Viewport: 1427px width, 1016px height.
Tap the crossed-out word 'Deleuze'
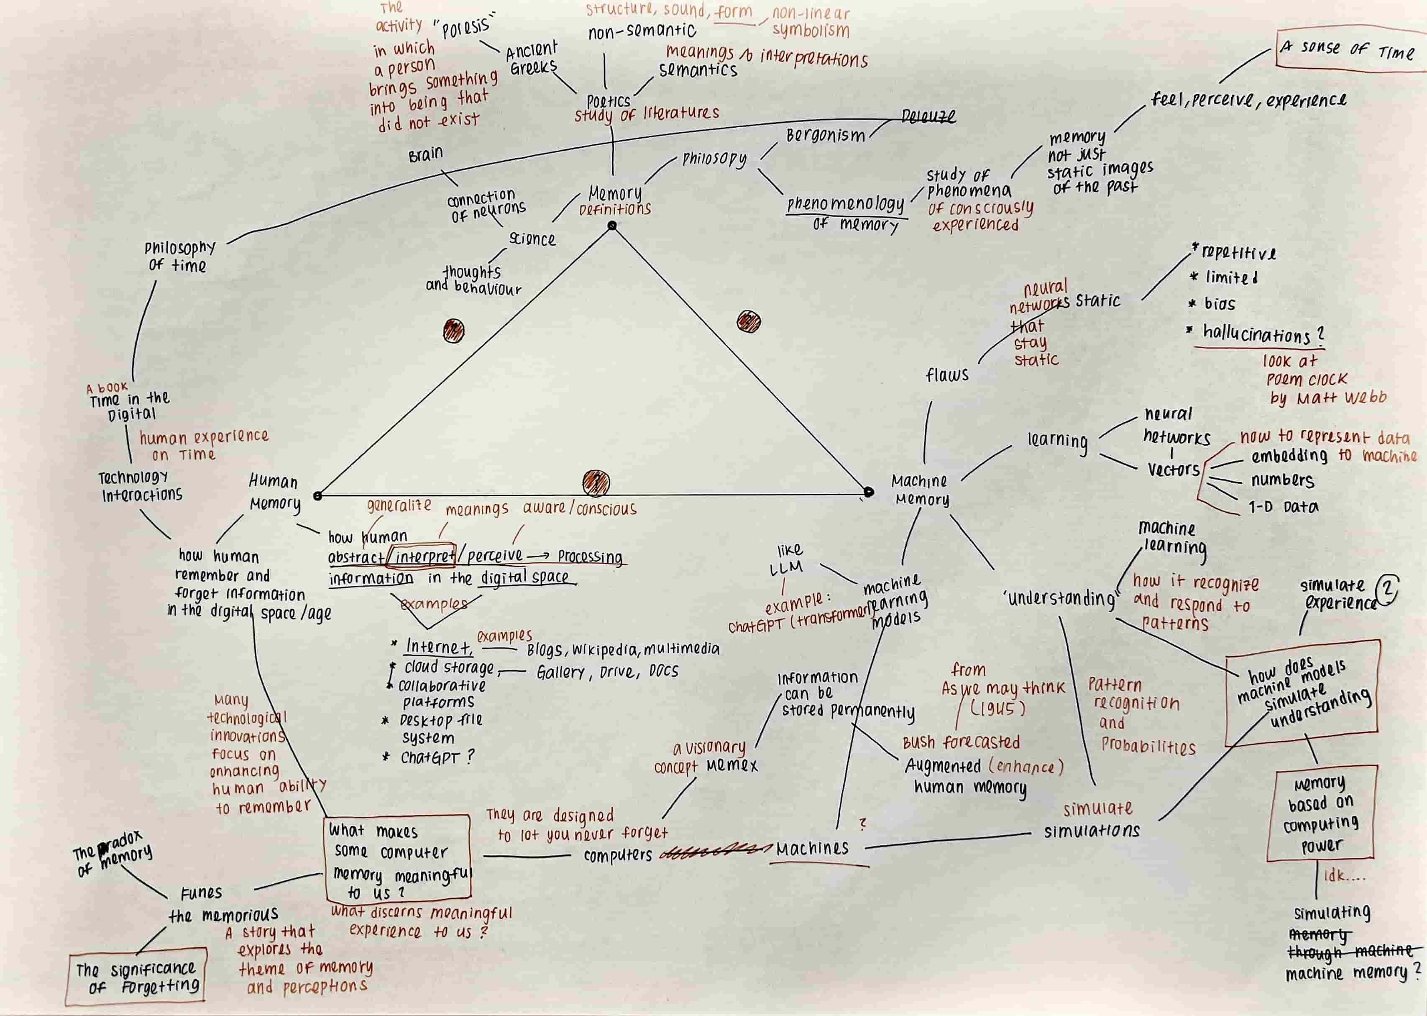[928, 116]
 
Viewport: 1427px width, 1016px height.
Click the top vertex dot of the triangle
[612, 226]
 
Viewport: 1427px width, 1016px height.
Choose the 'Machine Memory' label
[921, 490]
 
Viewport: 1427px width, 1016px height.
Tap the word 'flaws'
[947, 375]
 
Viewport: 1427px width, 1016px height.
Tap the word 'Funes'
[201, 893]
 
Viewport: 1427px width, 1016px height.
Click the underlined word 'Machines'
[812, 848]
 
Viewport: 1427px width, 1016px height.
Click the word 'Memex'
[731, 765]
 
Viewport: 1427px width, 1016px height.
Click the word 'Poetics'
[608, 101]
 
